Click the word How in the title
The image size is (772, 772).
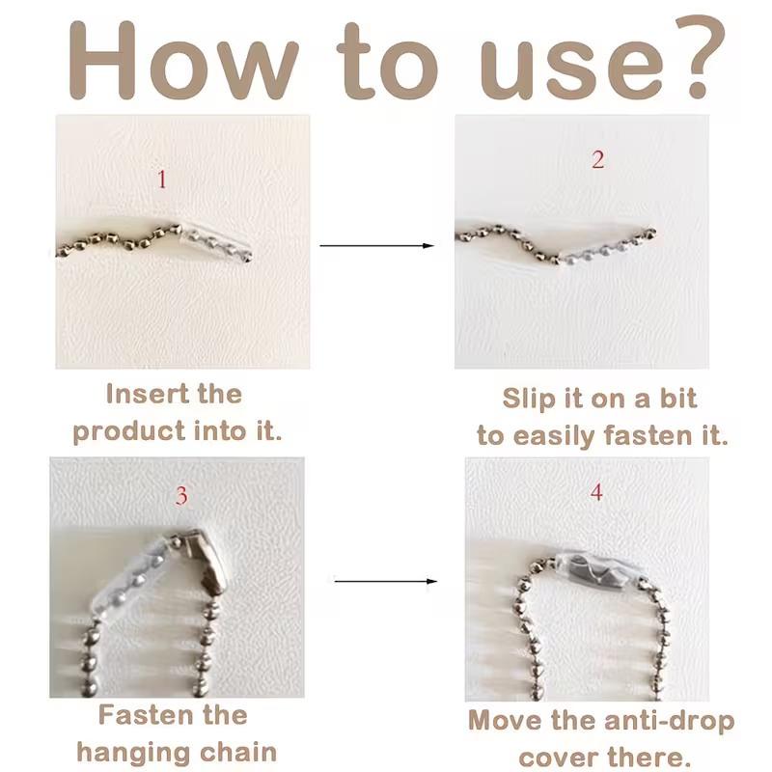[x=183, y=61]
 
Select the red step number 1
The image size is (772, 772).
[x=161, y=179]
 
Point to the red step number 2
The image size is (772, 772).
[x=597, y=159]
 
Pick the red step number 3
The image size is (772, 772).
[x=181, y=495]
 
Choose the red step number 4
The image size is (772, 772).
[x=596, y=492]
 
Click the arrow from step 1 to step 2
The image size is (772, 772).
[x=376, y=245]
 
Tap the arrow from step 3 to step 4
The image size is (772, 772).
[x=385, y=582]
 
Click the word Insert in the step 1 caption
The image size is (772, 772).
[x=148, y=394]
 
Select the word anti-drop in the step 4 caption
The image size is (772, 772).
[x=669, y=721]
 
